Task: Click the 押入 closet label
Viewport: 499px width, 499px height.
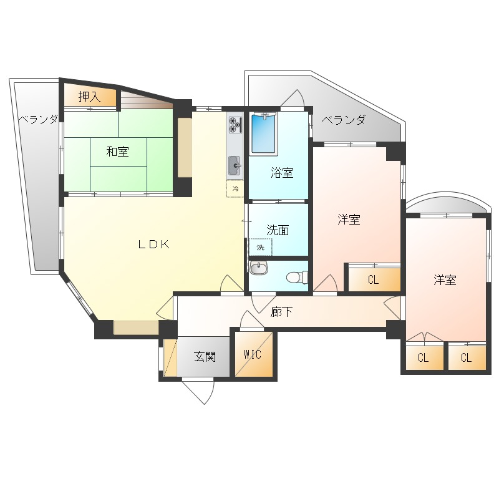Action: click(89, 97)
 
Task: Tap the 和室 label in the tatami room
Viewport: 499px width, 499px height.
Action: click(117, 152)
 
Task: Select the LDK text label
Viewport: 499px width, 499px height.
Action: click(153, 244)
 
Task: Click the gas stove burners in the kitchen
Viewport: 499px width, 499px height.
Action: click(236, 125)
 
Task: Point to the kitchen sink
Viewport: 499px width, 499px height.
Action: click(235, 165)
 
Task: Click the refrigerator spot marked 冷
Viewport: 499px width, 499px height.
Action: click(235, 189)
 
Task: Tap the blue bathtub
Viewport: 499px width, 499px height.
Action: click(263, 133)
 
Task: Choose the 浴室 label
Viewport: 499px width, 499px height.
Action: click(282, 173)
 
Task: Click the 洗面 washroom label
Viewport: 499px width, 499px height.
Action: click(278, 230)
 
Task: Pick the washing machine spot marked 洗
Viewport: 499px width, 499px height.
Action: click(260, 247)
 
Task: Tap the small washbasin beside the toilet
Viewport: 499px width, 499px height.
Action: click(258, 268)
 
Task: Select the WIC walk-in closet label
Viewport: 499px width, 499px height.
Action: click(253, 354)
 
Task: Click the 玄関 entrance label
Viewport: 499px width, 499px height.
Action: click(205, 357)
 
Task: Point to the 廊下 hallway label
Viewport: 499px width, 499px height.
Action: click(281, 312)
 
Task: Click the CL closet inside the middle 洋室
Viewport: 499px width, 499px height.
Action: click(374, 279)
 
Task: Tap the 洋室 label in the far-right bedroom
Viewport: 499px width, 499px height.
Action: click(445, 279)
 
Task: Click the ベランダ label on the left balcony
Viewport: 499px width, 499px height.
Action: click(38, 119)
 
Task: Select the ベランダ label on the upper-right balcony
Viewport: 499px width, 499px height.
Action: click(344, 120)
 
